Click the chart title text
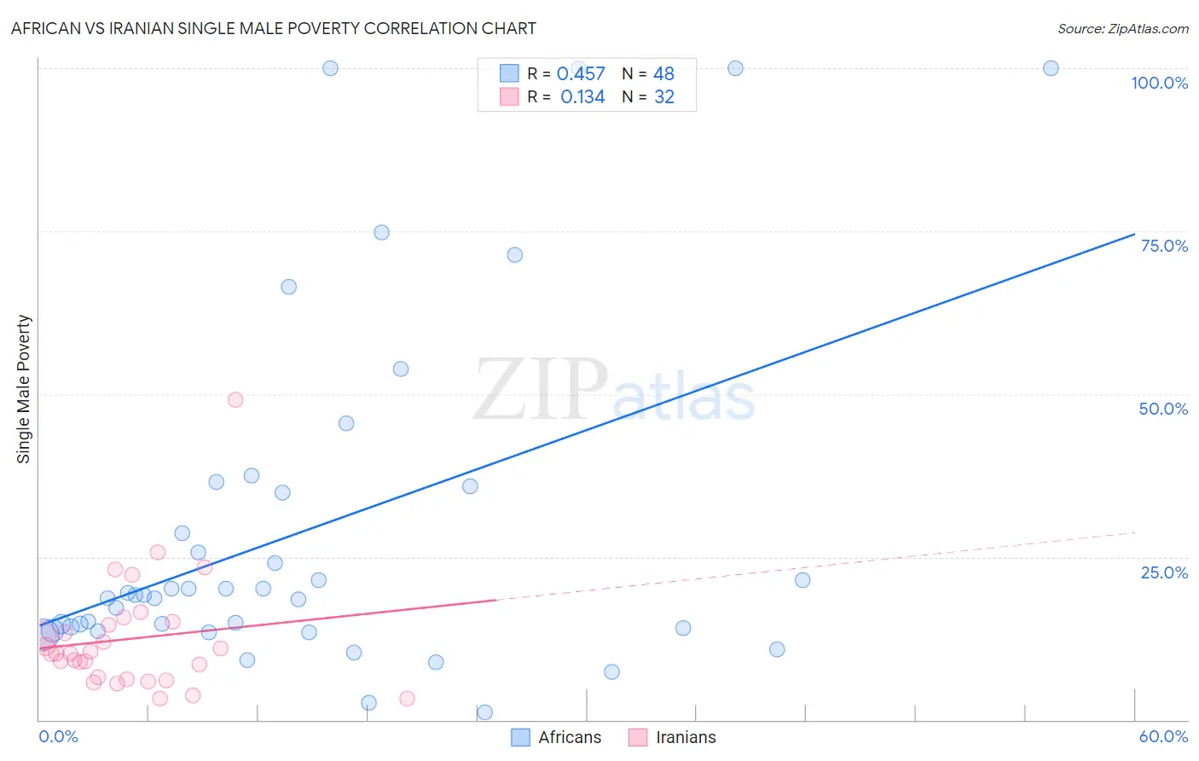274,28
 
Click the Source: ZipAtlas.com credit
1122,29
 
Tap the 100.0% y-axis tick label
1159,83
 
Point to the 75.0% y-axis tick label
1163,246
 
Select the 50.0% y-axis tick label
1163,409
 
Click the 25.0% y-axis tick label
1163,572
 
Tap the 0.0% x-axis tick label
59,736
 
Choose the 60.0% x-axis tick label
1163,736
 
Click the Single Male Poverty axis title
24,389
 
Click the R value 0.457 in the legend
581,74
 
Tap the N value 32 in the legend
664,97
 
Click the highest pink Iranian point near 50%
235,400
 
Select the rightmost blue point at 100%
1051,68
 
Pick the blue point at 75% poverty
381,233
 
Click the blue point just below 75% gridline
514,255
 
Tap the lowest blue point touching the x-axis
484,712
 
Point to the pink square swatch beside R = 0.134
509,96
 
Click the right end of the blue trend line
1134,234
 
